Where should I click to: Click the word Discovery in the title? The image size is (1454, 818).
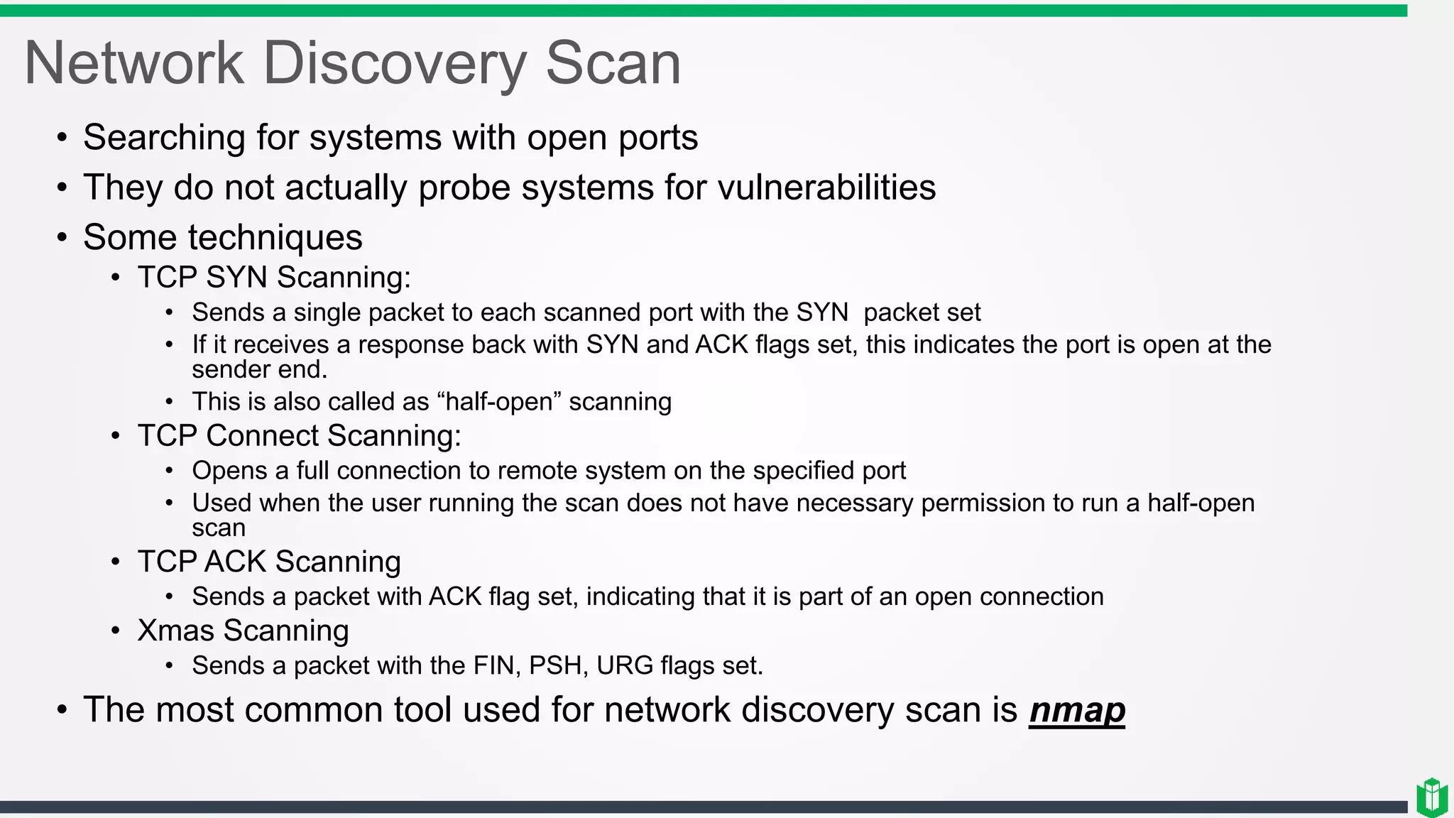(x=394, y=64)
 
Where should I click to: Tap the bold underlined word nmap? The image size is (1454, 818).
(x=1077, y=710)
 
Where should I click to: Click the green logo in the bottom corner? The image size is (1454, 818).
(x=1431, y=797)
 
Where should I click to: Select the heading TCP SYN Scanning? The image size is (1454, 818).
(x=274, y=278)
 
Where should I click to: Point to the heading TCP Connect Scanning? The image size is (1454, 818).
(x=299, y=436)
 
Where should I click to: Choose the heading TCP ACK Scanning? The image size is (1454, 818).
(x=269, y=562)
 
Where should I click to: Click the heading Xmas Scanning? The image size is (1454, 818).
(x=243, y=631)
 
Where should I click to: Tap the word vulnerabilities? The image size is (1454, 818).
(x=826, y=188)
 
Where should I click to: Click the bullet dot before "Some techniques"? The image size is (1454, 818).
(x=62, y=238)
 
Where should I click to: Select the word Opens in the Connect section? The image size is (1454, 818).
(x=222, y=471)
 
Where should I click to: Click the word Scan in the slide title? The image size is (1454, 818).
(x=613, y=64)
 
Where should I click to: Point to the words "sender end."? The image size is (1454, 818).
(x=259, y=370)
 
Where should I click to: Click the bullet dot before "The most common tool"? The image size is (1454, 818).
(x=62, y=710)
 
